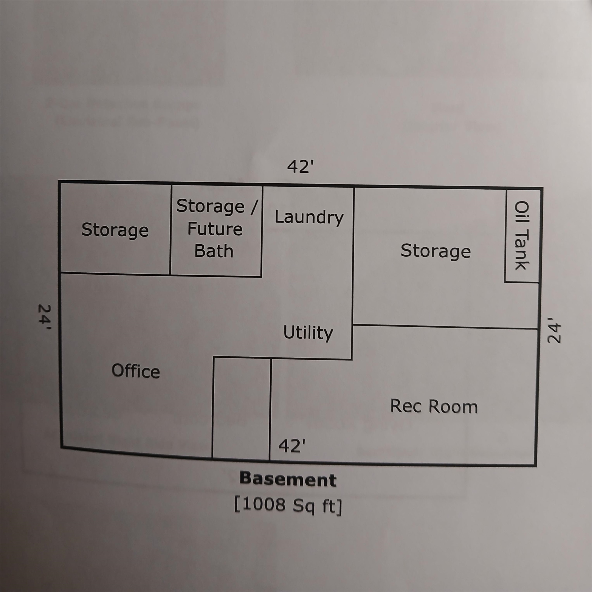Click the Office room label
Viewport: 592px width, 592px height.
click(x=136, y=371)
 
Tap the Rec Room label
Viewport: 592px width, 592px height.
click(x=434, y=407)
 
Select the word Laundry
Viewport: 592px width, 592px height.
click(x=309, y=218)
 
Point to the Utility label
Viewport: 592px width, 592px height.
click(x=308, y=333)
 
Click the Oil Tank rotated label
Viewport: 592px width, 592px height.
click(x=521, y=235)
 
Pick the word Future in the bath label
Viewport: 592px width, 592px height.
click(x=215, y=229)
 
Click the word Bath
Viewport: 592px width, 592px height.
click(x=214, y=251)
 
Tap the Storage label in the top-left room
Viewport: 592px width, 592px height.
click(x=115, y=230)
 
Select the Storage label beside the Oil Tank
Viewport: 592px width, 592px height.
click(x=436, y=251)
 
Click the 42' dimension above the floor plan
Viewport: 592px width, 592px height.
click(x=301, y=167)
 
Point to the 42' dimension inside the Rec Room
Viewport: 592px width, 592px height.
click(x=292, y=446)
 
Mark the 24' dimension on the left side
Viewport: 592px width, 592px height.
click(x=44, y=318)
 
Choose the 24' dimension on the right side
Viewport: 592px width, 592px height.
click(x=554, y=330)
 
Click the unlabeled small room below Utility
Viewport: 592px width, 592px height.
click(x=242, y=409)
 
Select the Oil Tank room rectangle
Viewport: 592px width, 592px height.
click(x=522, y=236)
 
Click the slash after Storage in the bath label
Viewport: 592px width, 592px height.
click(x=253, y=207)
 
